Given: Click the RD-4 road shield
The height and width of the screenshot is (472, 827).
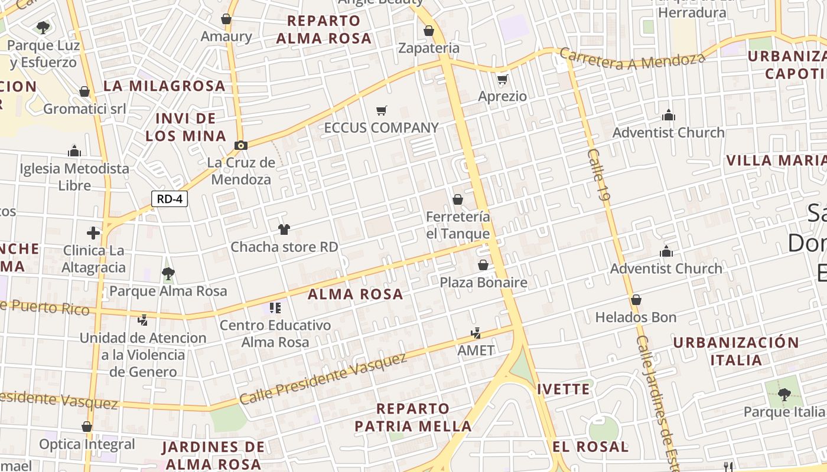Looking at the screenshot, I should pos(170,199).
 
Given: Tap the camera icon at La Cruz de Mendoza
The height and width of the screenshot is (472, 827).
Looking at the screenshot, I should pos(240,145).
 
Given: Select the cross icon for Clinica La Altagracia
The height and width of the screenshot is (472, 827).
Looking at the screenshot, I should pos(93,233).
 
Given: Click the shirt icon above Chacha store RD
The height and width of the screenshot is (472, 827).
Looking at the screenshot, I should pos(284,229).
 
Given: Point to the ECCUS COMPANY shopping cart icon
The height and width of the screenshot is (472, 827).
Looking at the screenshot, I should pos(382,110).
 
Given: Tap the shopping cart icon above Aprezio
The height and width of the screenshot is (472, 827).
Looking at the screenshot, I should pos(503,79).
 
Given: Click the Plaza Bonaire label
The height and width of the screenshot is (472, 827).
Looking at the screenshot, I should pos(483,283).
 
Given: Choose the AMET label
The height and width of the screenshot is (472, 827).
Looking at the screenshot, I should pos(476,350).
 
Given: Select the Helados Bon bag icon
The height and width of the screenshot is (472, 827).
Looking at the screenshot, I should pos(636,300).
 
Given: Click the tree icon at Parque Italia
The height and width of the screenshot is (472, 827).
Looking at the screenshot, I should pos(784,394).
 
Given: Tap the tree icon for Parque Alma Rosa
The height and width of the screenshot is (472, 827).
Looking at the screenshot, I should pos(168,273).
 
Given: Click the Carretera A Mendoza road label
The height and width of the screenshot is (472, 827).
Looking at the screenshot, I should pos(632,60).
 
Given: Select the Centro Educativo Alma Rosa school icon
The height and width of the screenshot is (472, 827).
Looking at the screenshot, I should pos(275,307).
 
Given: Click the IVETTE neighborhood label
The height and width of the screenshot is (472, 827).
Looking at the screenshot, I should pos(564,389).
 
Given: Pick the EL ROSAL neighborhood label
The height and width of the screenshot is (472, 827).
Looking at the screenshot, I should pos(591,447).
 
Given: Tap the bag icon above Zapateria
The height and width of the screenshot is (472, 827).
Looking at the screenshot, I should pos(429,31).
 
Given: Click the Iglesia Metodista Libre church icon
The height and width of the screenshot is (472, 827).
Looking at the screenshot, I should pos(74,152).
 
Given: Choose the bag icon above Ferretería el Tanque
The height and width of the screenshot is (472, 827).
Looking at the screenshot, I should pos(458,199).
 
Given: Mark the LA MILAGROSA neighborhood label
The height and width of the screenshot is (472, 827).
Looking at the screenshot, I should pos(164,86).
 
